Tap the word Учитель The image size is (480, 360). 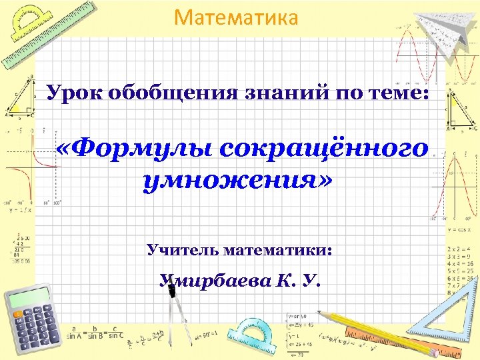183,251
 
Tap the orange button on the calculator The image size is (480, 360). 17,313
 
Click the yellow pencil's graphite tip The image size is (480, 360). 319,312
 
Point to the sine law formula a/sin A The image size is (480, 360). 81,332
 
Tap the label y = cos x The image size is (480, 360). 454,229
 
